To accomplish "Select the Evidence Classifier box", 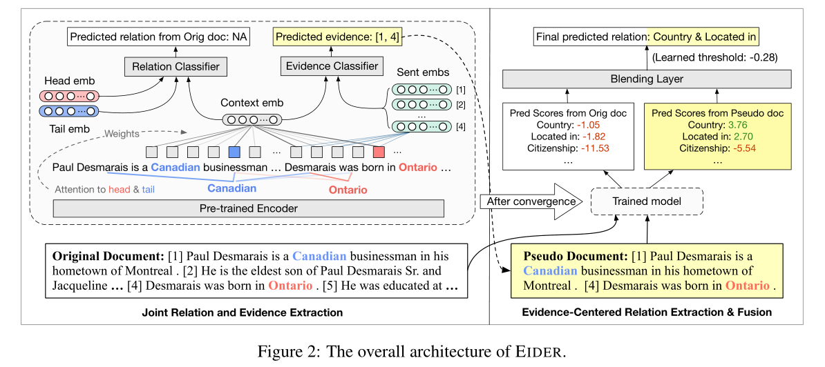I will click(332, 66).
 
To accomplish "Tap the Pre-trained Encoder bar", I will click(248, 208).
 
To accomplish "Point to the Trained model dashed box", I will click(647, 201).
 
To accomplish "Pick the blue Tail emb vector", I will click(69, 111).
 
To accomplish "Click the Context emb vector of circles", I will click(252, 119).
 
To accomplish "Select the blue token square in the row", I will click(234, 151).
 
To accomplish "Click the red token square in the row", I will click(379, 151).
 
